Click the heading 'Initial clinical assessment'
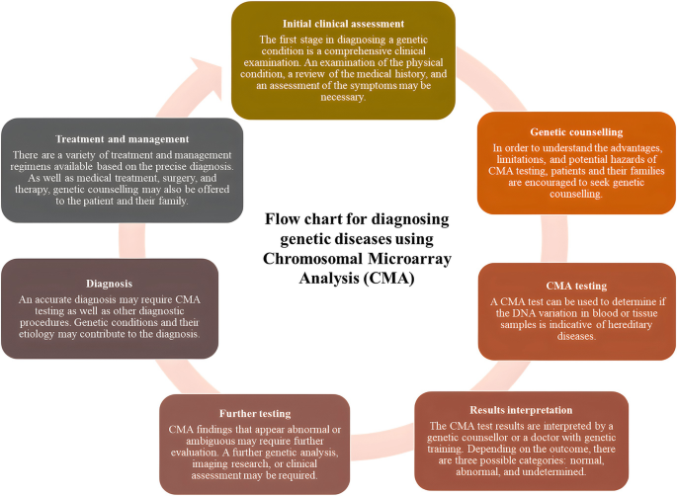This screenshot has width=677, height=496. tap(343, 23)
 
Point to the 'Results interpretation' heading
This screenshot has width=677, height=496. tap(520, 409)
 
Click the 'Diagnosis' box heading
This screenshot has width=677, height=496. tap(109, 282)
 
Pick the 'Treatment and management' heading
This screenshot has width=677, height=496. tap(123, 139)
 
